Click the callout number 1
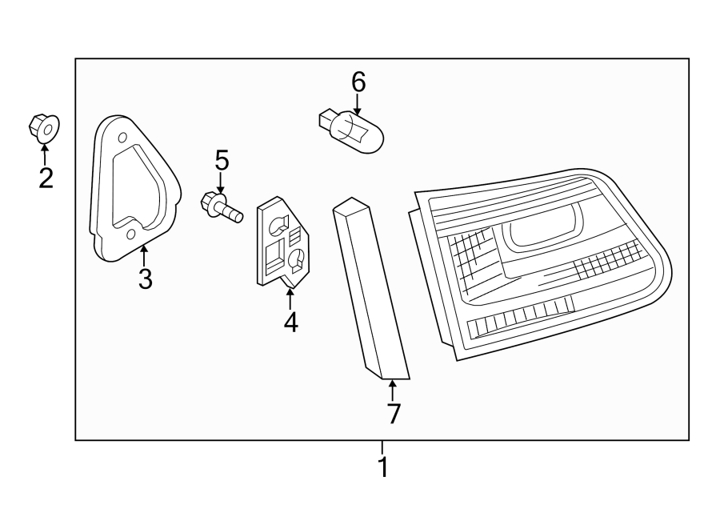(x=382, y=466)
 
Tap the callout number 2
(x=46, y=177)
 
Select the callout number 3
(x=145, y=279)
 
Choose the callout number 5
(x=222, y=161)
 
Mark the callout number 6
(x=358, y=82)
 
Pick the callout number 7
(x=393, y=413)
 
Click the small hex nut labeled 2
(x=45, y=127)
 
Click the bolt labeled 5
(x=222, y=206)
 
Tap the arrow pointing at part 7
(x=392, y=390)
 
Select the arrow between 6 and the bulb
(x=358, y=102)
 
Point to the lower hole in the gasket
(x=131, y=234)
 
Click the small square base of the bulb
(x=325, y=122)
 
